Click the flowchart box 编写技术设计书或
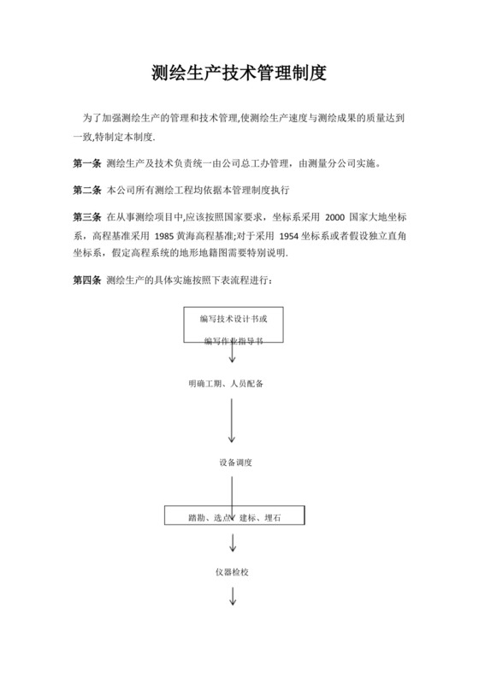click(233, 319)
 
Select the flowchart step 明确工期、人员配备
click(225, 383)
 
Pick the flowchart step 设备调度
click(234, 462)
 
